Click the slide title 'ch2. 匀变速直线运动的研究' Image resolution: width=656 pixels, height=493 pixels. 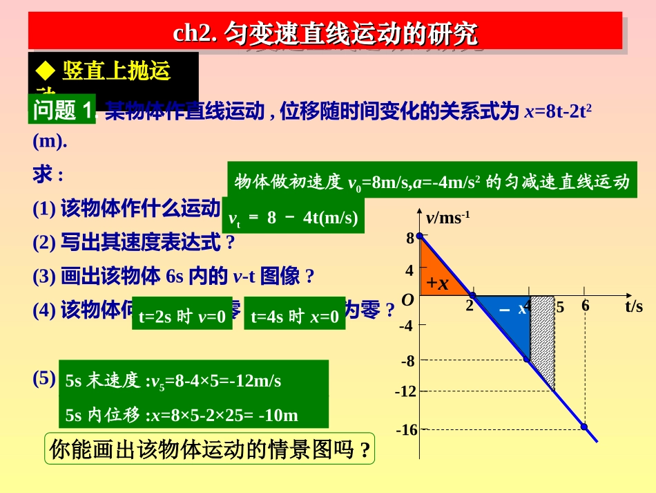(325, 32)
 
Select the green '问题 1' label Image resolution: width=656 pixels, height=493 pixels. (63, 110)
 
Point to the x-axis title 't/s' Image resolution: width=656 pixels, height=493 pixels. (633, 306)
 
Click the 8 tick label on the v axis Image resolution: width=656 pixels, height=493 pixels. (409, 238)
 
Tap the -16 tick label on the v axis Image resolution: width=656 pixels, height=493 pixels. (407, 430)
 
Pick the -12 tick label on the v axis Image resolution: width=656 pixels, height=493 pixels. (405, 391)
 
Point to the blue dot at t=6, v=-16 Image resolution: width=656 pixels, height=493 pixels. (584, 427)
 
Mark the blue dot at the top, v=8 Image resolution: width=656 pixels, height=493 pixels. (419, 236)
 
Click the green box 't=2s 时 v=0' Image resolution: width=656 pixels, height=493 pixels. (182, 317)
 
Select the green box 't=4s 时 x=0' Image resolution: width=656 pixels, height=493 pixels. (294, 317)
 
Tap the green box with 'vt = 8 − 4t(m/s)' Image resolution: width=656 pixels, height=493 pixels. (293, 218)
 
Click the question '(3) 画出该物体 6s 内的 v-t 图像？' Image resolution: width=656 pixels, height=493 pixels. (173, 277)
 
